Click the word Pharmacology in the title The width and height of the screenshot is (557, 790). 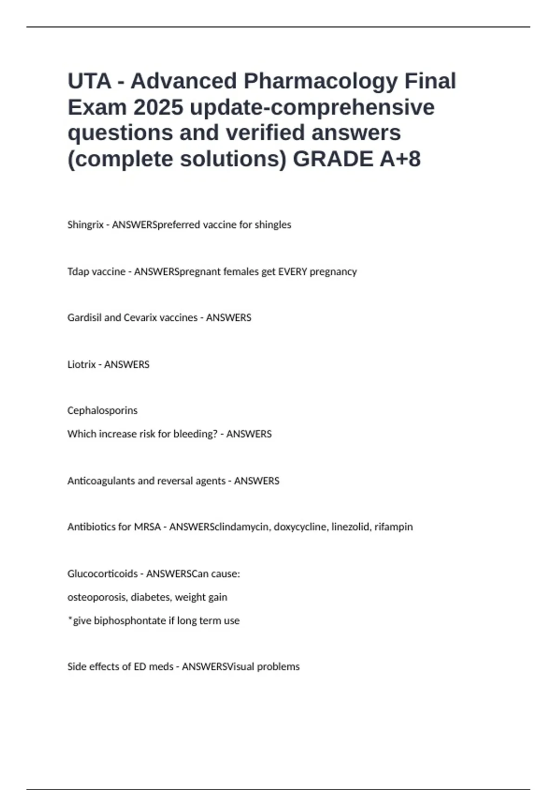(x=320, y=81)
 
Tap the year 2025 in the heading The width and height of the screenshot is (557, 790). (x=158, y=107)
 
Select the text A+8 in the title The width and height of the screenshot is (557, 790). (x=400, y=159)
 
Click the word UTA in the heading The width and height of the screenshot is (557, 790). (x=90, y=81)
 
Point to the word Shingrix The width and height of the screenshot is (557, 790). (x=85, y=225)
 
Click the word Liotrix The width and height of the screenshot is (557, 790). (x=82, y=365)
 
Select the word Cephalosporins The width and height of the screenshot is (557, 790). (x=103, y=411)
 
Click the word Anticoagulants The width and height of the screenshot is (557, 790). (x=102, y=481)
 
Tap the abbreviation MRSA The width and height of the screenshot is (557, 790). (x=147, y=527)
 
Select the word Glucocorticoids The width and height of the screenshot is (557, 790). (x=103, y=574)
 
